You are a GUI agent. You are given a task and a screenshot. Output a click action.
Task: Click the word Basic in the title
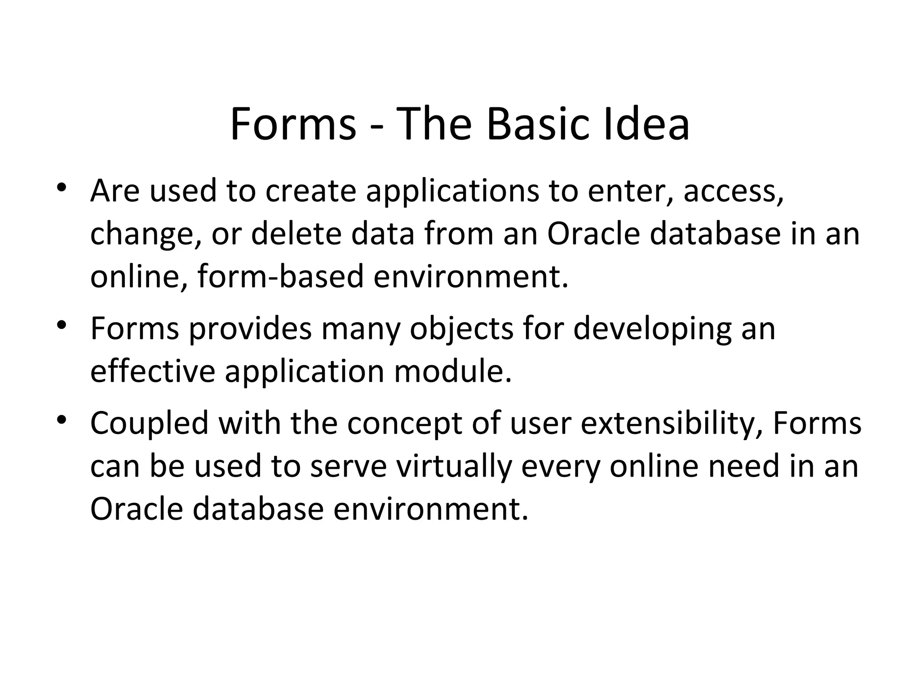537,124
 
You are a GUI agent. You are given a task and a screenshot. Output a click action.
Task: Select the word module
453,372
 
